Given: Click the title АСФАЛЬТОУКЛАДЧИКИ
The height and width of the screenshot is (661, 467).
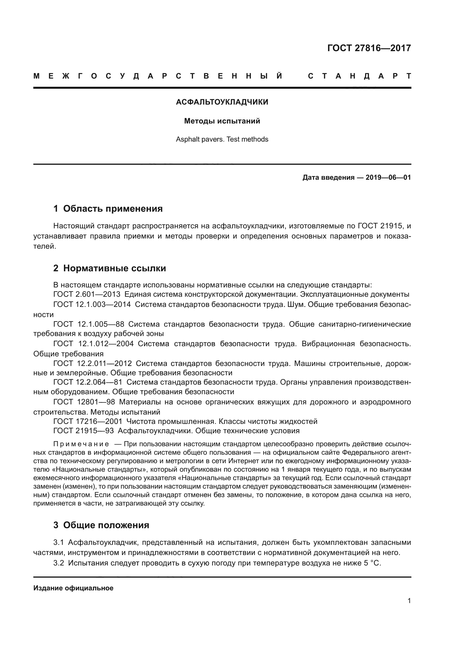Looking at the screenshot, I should pyautogui.click(x=222, y=102).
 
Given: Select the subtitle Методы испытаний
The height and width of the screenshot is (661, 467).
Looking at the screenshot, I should pyautogui.click(x=222, y=121).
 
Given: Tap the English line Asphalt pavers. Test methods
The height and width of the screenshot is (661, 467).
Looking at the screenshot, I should pyautogui.click(x=222, y=139).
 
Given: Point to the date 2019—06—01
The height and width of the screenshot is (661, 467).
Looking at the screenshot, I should pyautogui.click(x=388, y=177).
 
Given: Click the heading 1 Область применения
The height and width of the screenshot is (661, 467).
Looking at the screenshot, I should pyautogui.click(x=108, y=209).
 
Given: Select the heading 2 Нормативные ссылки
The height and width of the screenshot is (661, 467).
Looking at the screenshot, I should pyautogui.click(x=110, y=268).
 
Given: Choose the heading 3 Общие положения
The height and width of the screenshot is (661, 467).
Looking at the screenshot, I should pyautogui.click(x=101, y=525).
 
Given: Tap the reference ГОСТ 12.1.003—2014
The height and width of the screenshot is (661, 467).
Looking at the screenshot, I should pyautogui.click(x=92, y=305).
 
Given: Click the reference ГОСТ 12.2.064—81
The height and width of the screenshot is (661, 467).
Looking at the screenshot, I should pyautogui.click(x=88, y=382).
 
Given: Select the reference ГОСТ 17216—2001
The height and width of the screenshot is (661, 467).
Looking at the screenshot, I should pyautogui.click(x=88, y=421).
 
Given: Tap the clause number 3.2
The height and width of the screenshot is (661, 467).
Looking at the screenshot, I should pyautogui.click(x=59, y=563).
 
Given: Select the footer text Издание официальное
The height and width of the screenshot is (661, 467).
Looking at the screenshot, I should pyautogui.click(x=73, y=588).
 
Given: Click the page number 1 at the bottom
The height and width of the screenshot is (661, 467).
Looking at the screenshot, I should pyautogui.click(x=409, y=601).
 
